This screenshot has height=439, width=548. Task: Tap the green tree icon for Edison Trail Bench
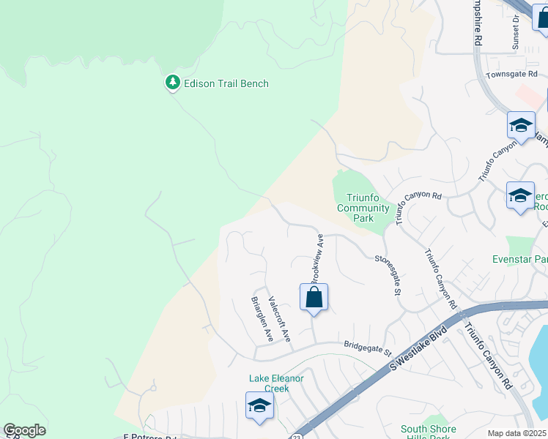173,83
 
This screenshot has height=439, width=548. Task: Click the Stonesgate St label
389,274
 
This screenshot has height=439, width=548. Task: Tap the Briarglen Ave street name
262,319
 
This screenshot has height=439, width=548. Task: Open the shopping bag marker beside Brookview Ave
314,298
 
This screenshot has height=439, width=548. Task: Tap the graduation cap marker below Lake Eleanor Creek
259,406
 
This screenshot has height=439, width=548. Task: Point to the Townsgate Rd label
512,75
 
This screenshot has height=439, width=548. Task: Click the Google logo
24,430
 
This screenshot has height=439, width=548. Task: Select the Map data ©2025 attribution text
517,433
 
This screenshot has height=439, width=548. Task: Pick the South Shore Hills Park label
428,432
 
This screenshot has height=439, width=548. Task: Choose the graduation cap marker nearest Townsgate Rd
521,125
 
